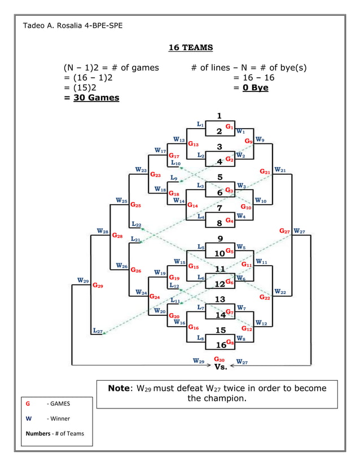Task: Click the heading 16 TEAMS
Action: (x=190, y=47)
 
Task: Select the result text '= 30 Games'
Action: (x=91, y=98)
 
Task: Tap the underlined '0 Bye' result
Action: (x=255, y=87)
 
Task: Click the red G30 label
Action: (x=219, y=359)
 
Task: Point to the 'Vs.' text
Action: (x=221, y=368)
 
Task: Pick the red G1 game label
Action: (x=230, y=127)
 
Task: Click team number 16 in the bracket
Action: (x=221, y=344)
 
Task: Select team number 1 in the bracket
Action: (x=219, y=116)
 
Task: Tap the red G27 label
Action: (x=285, y=231)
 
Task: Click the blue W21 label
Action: (x=280, y=170)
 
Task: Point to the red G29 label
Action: (x=98, y=285)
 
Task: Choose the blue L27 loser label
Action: (x=97, y=331)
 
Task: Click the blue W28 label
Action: (x=102, y=231)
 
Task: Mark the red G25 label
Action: (x=136, y=205)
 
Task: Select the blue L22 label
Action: (x=136, y=224)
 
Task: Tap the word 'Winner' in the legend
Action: (x=59, y=419)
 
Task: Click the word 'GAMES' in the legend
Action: (x=59, y=403)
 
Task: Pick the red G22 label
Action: (x=264, y=297)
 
